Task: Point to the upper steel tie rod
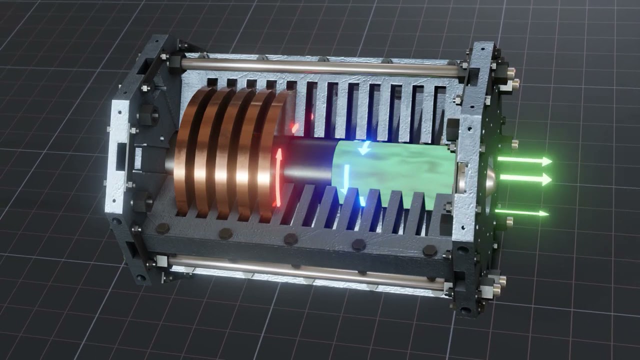pos(320,67)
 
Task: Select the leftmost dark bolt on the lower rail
pos(161,228)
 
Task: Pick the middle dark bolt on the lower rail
pos(291,239)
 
